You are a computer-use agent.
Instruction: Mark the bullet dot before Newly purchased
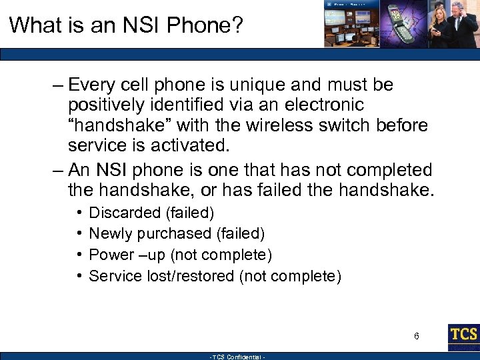coord(78,234)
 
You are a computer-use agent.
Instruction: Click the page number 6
coord(417,336)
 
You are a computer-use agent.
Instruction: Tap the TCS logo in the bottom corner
coord(463,337)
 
